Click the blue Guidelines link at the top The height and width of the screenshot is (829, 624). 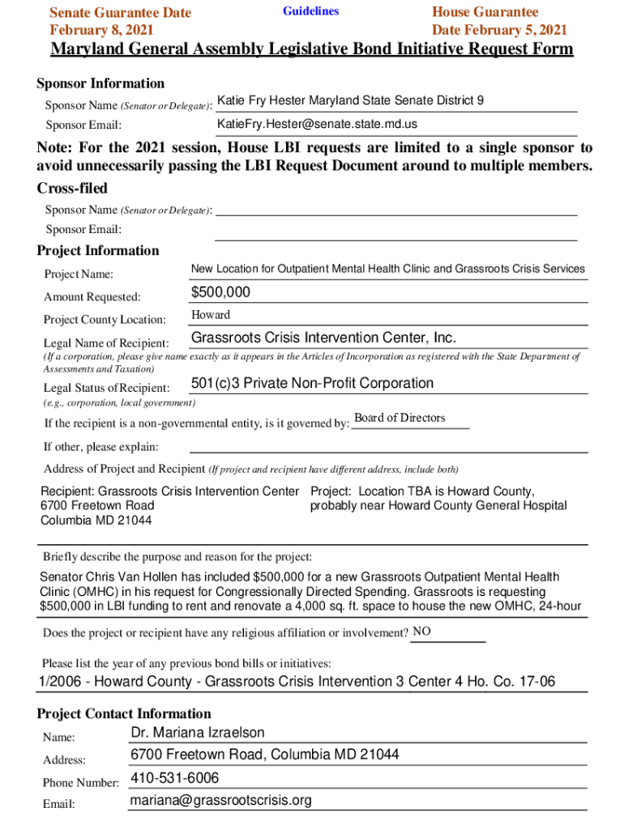310,11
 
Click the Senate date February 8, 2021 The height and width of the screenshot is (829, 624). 102,31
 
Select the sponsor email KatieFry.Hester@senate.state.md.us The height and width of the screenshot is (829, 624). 317,124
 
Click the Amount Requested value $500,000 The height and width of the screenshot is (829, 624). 220,292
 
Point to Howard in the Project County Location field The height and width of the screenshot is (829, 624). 211,315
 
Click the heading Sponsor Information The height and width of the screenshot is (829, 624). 100,83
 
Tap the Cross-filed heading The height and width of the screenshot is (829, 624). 72,188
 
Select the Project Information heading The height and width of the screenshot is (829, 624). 98,250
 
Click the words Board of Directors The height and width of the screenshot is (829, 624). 400,418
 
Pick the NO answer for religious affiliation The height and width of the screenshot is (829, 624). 421,631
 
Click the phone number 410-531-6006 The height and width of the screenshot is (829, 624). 174,778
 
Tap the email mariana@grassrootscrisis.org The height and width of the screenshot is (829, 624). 220,801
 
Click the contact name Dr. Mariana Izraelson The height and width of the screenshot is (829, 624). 197,733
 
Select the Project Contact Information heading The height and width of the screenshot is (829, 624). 124,713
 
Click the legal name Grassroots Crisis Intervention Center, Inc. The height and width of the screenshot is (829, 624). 323,338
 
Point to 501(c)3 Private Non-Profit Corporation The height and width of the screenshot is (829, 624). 312,383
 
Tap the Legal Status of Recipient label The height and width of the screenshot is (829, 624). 106,389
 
